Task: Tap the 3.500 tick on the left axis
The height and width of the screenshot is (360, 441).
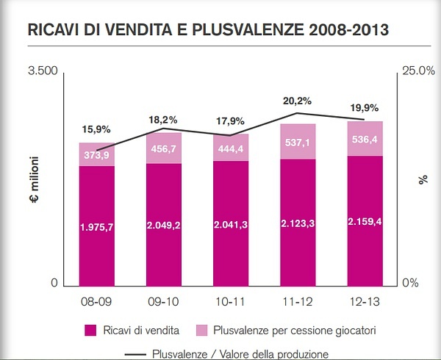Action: point(42,71)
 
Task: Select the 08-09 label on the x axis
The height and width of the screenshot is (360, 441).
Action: point(96,301)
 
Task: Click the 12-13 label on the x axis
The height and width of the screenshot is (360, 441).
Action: point(365,301)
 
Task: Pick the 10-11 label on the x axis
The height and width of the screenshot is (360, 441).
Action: point(231,301)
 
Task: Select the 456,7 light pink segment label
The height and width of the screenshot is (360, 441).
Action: point(163,148)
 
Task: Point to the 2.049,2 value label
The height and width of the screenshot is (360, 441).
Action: point(163,224)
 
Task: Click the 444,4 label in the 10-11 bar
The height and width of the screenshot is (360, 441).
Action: point(231,149)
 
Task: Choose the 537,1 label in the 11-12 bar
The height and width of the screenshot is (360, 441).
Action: point(298,142)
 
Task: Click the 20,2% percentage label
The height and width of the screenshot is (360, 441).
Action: point(298,101)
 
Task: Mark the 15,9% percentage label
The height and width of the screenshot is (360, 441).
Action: point(96,129)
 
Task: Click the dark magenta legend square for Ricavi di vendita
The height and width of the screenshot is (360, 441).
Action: point(91,328)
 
